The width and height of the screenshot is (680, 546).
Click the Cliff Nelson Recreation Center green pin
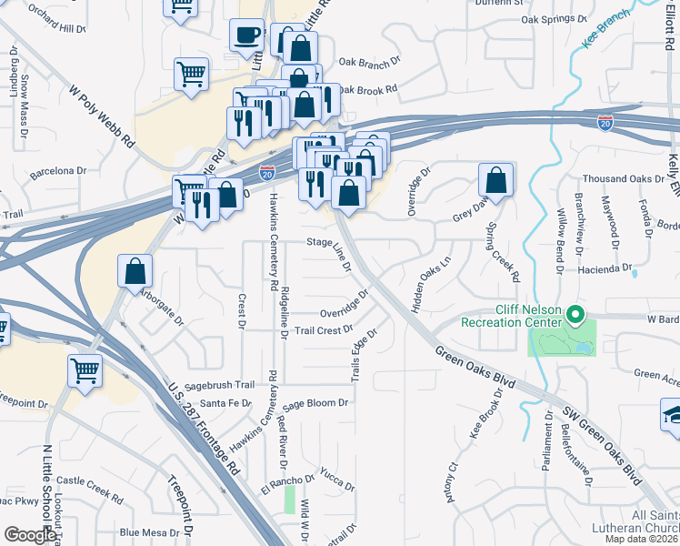click(575, 316)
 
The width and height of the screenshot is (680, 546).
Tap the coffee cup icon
click(246, 36)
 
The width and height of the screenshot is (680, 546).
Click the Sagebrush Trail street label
click(222, 385)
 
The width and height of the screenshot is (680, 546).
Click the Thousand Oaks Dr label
click(615, 178)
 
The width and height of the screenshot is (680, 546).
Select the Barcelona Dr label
click(57, 170)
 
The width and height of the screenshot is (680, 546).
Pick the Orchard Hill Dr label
click(55, 28)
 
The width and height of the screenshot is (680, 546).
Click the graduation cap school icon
click(671, 414)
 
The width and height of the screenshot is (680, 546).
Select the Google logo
click(30, 534)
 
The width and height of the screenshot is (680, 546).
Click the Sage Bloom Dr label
click(315, 404)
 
